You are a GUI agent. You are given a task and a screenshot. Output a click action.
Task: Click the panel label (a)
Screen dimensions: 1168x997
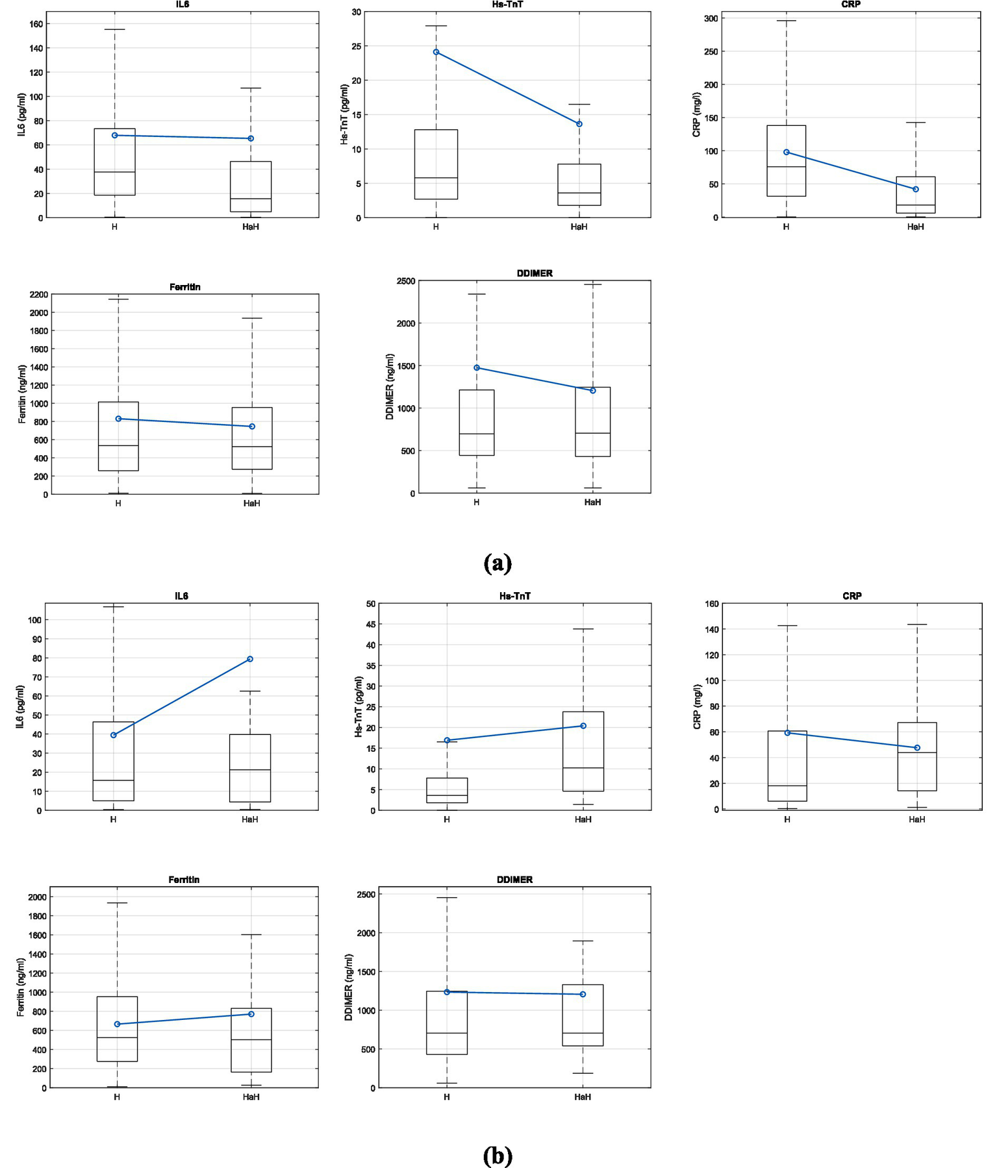point(498,562)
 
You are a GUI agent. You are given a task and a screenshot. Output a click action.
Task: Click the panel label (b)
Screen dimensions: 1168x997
point(498,1155)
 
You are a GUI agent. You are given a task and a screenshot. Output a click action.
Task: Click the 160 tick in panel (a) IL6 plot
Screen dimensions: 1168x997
point(36,24)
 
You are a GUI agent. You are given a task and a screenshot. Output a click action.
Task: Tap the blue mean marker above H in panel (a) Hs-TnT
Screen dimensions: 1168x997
point(436,52)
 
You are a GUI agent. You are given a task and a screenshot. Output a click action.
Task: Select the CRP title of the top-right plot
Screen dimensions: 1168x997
point(850,5)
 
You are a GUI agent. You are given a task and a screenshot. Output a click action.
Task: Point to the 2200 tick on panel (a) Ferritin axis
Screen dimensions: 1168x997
point(38,294)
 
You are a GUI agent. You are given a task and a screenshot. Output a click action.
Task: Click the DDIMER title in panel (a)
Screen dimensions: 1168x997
point(535,273)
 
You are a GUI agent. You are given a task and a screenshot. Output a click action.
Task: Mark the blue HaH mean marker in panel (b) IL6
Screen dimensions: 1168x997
point(250,659)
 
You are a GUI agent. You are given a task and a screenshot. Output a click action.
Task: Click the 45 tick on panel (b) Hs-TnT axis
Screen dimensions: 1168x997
point(370,625)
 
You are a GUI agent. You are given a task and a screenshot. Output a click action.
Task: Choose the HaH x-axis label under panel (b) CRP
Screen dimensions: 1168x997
point(916,819)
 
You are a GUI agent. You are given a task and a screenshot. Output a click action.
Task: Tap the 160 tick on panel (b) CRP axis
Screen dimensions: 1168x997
point(711,604)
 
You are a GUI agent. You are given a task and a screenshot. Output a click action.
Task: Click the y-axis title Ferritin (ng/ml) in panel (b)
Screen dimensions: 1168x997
point(21,987)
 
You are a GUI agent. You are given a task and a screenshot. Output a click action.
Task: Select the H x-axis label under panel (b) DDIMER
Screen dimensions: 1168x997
point(447,1097)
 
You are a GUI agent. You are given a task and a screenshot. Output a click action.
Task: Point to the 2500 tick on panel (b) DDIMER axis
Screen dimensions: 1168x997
point(366,895)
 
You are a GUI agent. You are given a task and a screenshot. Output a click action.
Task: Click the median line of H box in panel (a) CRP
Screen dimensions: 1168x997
point(786,167)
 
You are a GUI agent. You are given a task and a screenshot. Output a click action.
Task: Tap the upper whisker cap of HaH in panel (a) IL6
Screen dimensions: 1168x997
point(251,88)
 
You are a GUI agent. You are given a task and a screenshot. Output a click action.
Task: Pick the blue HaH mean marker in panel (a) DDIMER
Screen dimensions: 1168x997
point(592,390)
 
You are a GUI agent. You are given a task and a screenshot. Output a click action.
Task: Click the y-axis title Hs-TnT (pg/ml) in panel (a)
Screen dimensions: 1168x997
point(344,114)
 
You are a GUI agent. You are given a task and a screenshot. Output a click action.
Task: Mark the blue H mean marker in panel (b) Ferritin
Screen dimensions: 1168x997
point(117,1024)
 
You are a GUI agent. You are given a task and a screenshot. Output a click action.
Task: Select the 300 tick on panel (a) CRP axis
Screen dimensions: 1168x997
point(711,18)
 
